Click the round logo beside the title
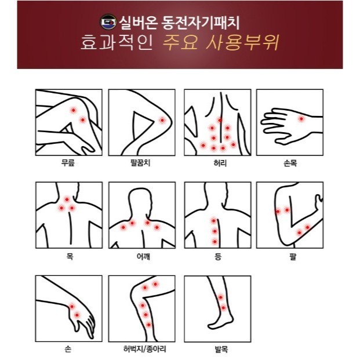pos(108,22)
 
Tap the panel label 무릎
pos(68,163)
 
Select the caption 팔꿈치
pos(140,163)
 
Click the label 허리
pos(220,163)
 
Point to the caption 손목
pos(290,163)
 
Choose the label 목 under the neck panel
pos(70,256)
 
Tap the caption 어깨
pos(143,256)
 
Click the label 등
pos(217,256)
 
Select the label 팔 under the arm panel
pos(293,256)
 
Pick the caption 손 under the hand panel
pos(68,349)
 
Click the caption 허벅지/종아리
pos(145,349)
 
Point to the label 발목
pos(221,350)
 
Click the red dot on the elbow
pos(162,120)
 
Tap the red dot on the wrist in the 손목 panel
pos(301,119)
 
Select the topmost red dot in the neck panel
pos(67,199)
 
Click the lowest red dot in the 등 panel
pos(214,242)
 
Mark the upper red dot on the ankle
pos(221,297)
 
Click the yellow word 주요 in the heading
pos(180,42)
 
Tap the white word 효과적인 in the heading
pos(117,42)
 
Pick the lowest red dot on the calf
pos(149,325)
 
